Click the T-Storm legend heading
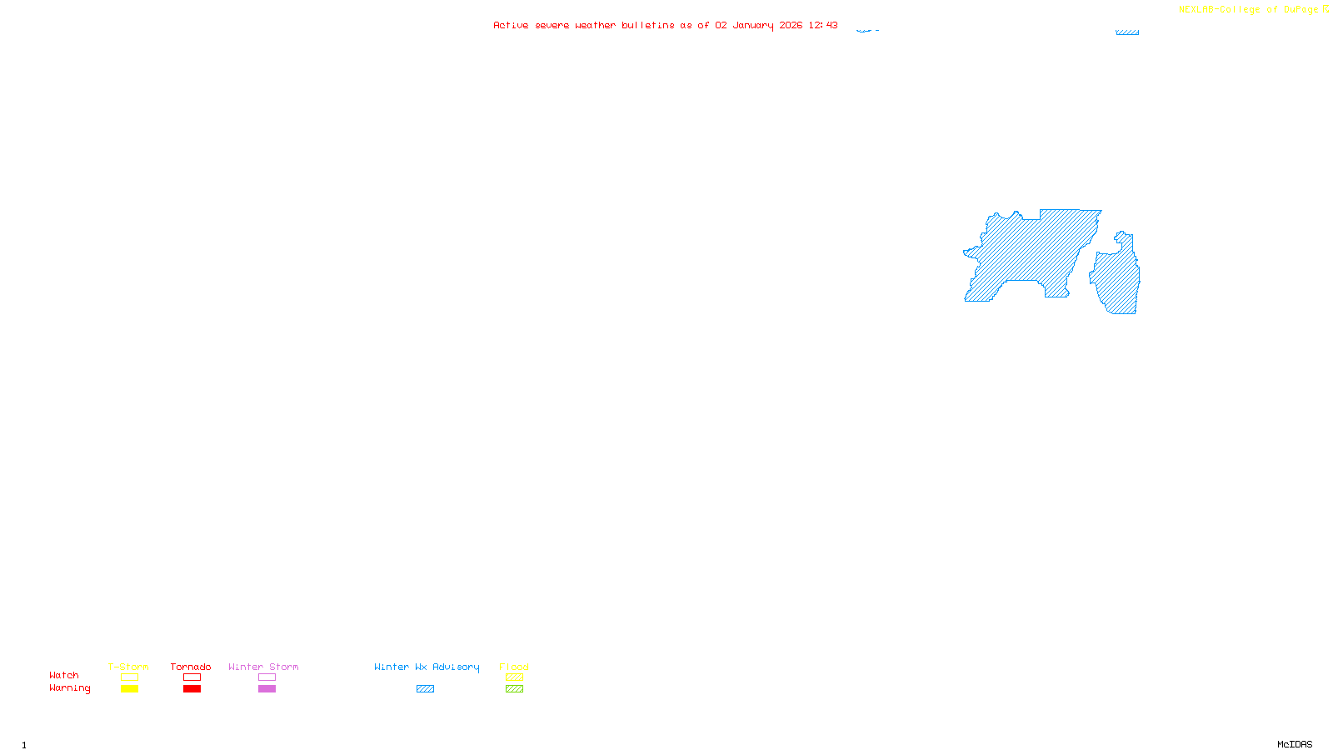point(128,667)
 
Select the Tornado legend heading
point(191,667)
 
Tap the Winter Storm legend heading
point(263,667)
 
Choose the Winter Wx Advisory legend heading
point(427,667)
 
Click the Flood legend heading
point(514,667)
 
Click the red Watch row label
point(64,675)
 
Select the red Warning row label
point(69,688)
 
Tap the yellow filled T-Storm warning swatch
point(129,689)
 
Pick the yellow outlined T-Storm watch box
point(129,677)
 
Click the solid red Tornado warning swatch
point(192,689)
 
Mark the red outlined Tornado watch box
point(192,677)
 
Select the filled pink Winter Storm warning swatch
point(267,689)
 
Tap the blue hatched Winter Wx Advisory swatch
point(425,689)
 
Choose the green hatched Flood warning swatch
point(514,689)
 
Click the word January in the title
point(753,25)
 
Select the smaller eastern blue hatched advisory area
point(1118,279)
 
